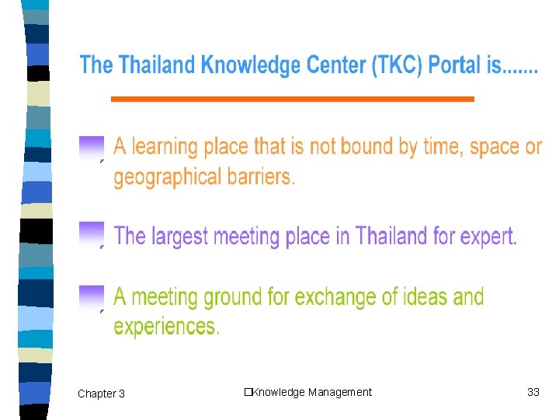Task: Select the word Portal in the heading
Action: point(457,65)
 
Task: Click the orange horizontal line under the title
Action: point(292,99)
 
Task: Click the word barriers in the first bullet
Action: point(260,177)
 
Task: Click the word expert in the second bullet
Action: point(487,236)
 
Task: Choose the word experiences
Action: point(166,327)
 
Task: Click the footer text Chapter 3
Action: point(101,394)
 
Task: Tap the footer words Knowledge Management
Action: point(311,392)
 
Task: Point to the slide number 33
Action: point(533,392)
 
